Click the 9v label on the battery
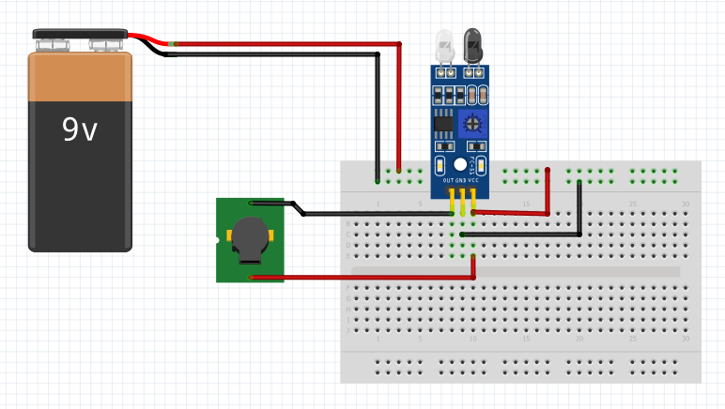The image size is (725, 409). click(x=80, y=129)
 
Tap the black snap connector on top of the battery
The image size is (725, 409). click(x=79, y=38)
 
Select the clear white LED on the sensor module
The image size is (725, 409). click(x=445, y=45)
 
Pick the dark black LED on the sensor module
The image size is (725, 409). click(x=474, y=45)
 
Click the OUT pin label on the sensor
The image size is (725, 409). click(x=448, y=179)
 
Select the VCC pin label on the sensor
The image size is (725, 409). click(x=473, y=179)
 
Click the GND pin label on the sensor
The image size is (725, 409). click(x=460, y=179)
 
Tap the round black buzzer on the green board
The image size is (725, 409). click(x=249, y=238)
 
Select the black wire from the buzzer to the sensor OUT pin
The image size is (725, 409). click(x=376, y=214)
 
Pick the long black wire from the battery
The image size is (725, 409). click(x=282, y=55)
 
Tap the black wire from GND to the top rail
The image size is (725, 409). click(x=579, y=206)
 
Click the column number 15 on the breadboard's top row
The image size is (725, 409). click(x=527, y=204)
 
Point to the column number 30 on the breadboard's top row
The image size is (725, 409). click(x=686, y=204)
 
